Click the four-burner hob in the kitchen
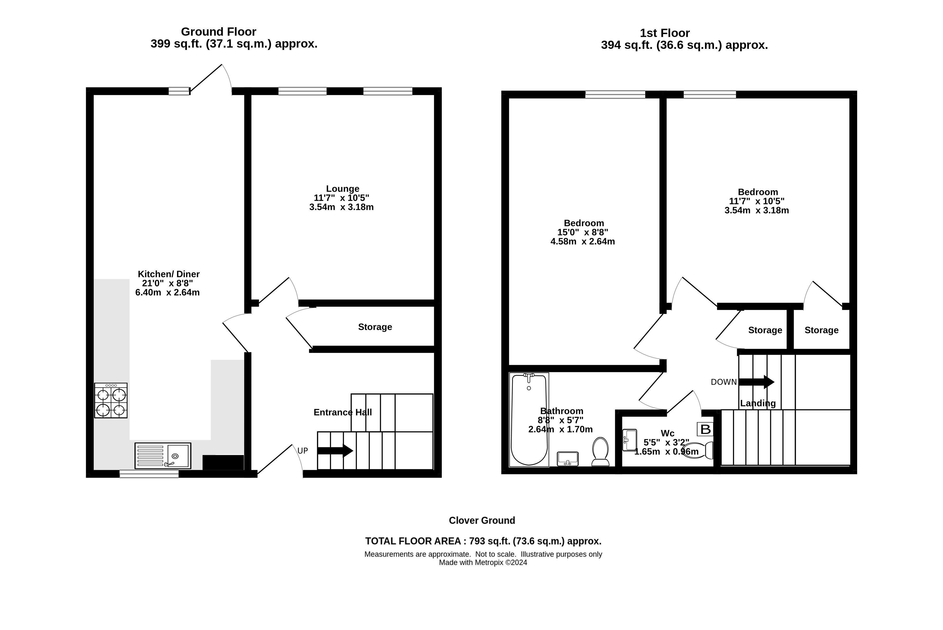click(x=111, y=400)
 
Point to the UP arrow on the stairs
click(x=335, y=451)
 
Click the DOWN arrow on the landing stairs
click(x=756, y=382)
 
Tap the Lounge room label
click(x=342, y=188)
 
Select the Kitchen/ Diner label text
click(x=169, y=274)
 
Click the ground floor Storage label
click(x=375, y=327)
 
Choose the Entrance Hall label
click(x=342, y=412)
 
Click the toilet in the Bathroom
click(x=600, y=452)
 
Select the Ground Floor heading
click(x=219, y=32)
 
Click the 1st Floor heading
click(x=665, y=33)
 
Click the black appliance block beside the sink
click(x=223, y=462)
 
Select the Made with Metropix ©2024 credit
click(x=483, y=563)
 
